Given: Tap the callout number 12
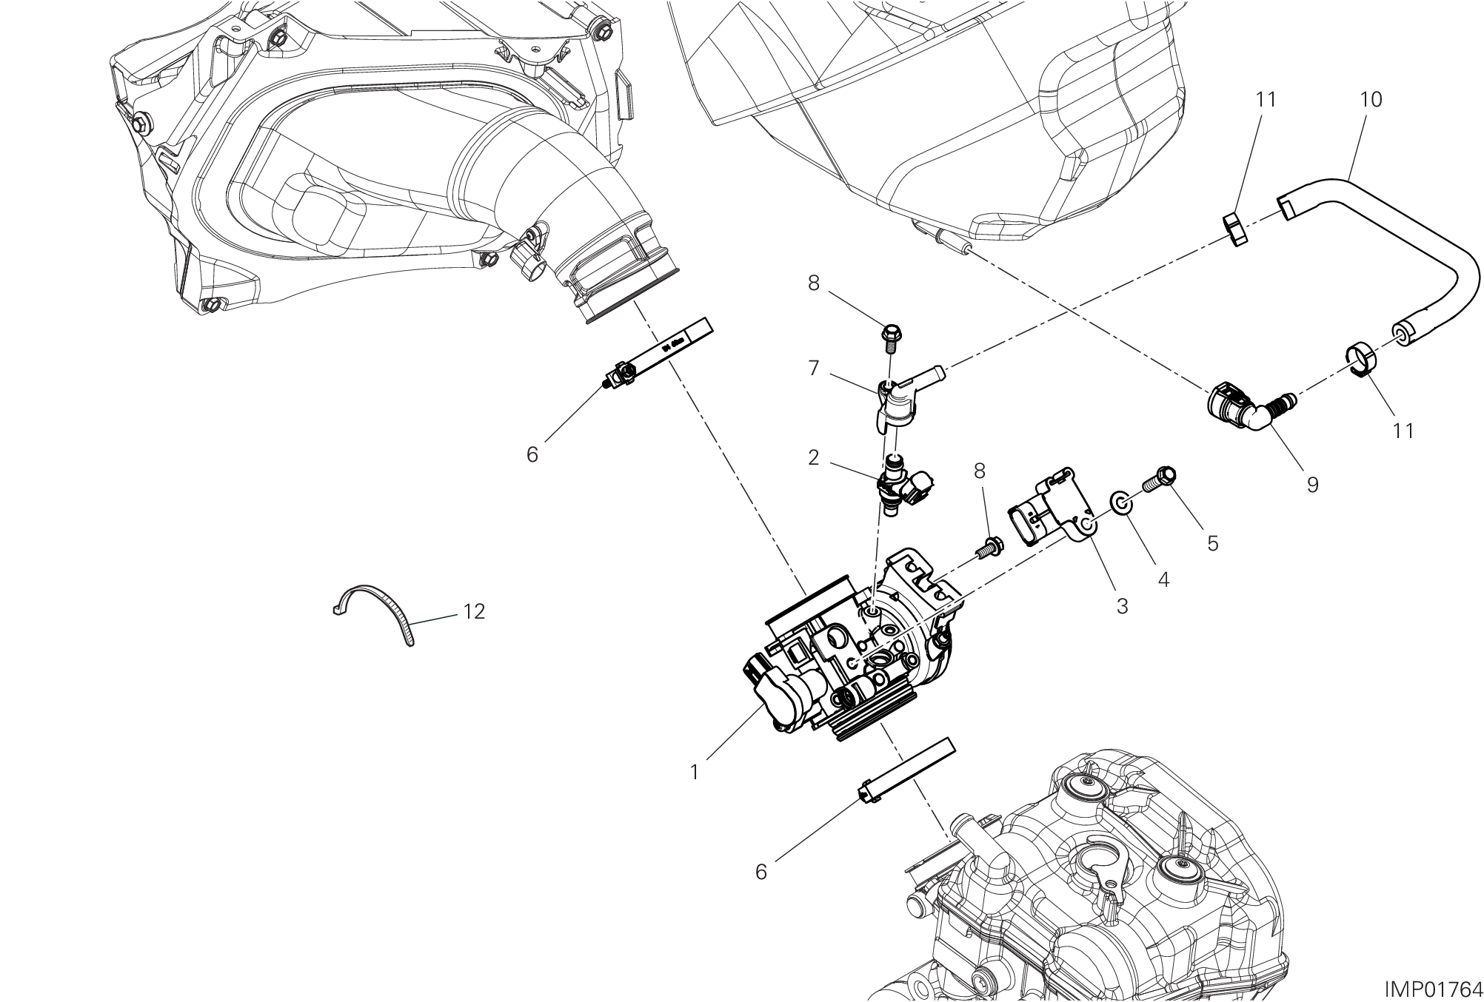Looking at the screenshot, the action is [474, 611].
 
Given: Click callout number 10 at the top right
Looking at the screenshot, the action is [1371, 99].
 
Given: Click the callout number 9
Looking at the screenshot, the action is [1312, 485].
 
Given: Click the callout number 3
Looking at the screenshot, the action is [1122, 606].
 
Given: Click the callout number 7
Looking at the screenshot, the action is [814, 368].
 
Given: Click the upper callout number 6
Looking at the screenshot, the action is [532, 455].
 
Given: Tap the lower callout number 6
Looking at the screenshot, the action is [761, 872].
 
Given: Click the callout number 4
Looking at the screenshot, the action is [1163, 580].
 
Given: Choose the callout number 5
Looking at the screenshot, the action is [1212, 543].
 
